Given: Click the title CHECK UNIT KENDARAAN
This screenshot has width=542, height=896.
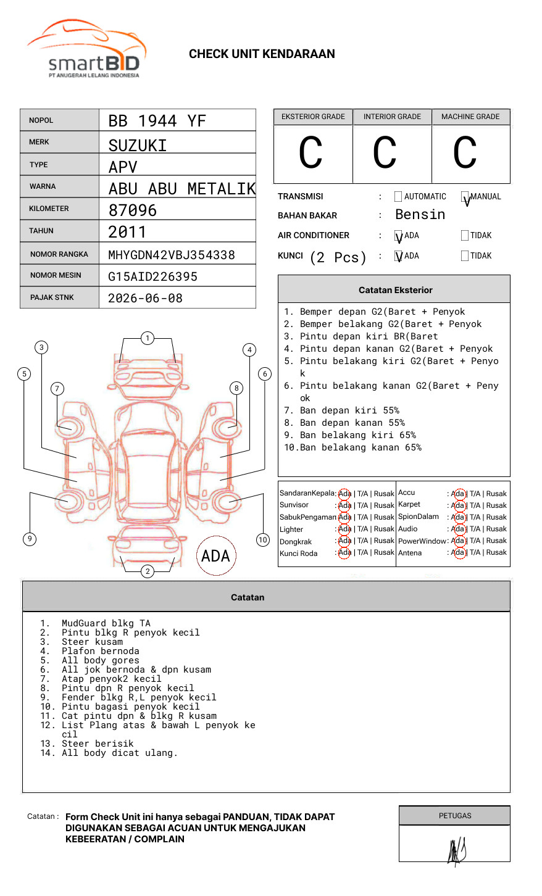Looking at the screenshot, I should point(262,54).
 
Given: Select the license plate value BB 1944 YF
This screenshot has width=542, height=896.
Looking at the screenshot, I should point(157,121).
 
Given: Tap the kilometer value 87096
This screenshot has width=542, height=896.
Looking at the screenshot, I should point(133,210).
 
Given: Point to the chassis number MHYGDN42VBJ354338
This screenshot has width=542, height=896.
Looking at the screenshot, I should point(172,255).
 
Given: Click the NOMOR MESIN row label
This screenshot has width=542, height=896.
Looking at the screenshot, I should point(56,275).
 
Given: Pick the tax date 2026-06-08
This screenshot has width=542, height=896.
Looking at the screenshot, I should point(145,298).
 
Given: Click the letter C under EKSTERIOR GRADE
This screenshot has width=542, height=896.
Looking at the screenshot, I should point(311,153).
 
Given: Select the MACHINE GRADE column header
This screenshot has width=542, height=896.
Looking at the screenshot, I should point(470,117).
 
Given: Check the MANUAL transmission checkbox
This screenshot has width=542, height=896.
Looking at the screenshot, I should point(465,197).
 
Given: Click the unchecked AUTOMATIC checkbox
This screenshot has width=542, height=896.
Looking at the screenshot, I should point(398,197).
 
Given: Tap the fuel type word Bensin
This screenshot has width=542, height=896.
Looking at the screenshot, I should point(420,215).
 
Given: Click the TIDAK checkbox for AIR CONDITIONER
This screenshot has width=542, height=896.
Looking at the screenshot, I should point(465,236).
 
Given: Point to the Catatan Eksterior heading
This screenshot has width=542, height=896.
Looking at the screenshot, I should point(395,290).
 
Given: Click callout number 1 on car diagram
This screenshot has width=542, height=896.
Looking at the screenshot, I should point(147,338).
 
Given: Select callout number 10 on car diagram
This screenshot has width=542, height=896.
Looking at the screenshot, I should point(263,540).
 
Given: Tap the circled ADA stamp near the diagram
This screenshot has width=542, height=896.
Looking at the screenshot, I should point(216,556).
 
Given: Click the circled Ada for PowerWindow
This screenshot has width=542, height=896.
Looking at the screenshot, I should point(458,541).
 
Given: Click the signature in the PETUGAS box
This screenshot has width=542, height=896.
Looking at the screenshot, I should point(456,850).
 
